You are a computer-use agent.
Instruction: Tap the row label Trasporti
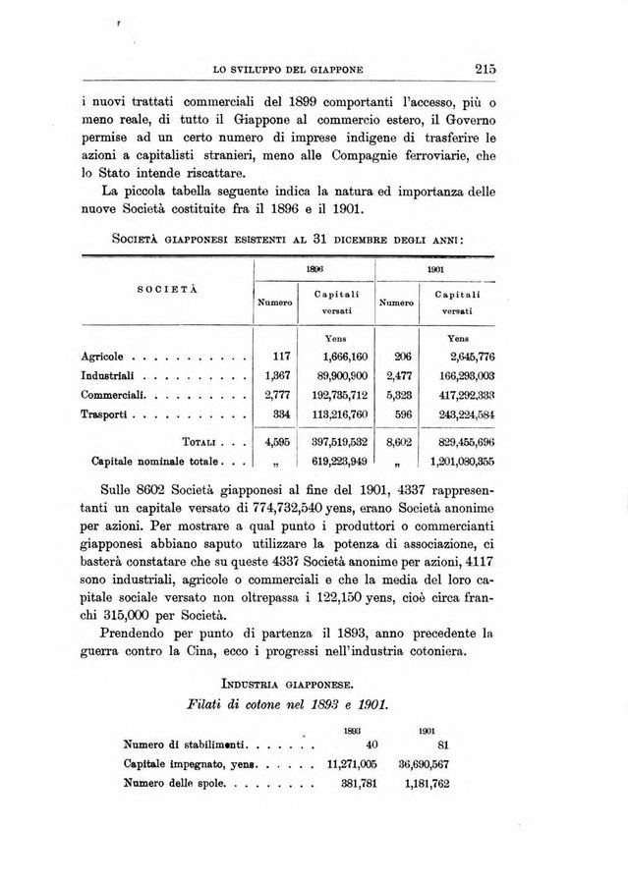(x=103, y=414)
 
